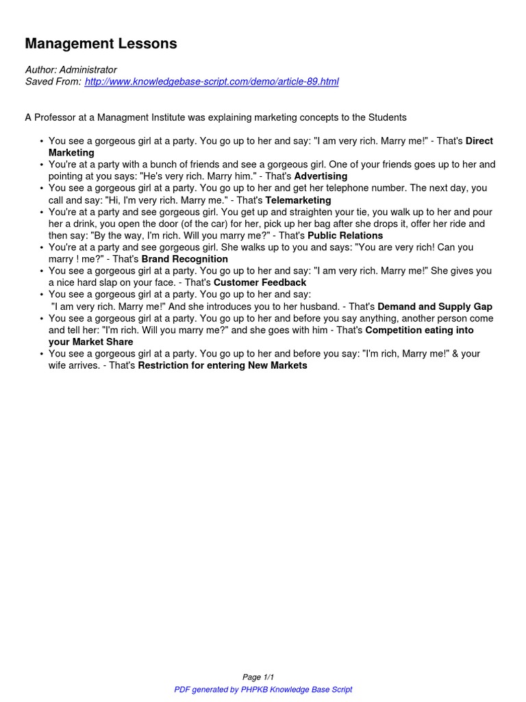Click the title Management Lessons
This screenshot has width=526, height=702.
coord(101,44)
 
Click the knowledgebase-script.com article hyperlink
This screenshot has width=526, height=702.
coord(212,82)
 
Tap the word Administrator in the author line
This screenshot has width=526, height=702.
coord(88,70)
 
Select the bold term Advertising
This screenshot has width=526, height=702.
coord(321,176)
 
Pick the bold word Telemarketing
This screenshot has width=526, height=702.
coord(298,200)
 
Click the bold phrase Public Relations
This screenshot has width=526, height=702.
coord(345,235)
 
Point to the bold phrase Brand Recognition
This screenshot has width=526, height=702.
coord(184,259)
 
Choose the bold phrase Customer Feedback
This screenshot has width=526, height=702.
coord(260,282)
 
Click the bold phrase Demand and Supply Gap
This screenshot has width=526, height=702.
coord(435,306)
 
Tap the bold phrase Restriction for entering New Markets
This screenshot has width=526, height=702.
coord(223,365)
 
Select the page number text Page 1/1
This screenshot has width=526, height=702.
coord(263,677)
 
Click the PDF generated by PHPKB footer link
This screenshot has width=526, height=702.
coord(263,690)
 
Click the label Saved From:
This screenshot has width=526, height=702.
coord(53,82)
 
